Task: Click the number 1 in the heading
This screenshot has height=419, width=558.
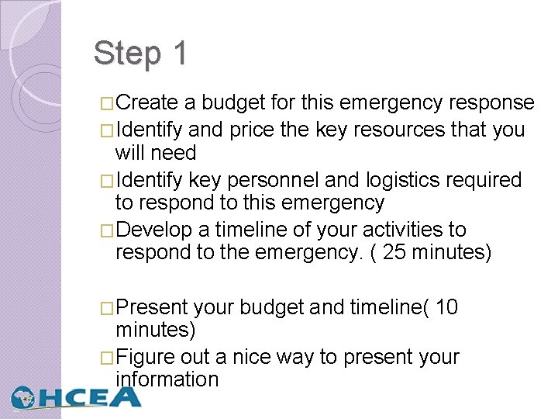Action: pos(180,54)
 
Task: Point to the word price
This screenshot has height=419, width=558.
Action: pos(251,130)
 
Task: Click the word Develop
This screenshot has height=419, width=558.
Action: pos(157,230)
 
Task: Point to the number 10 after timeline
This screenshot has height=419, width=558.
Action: pos(447,308)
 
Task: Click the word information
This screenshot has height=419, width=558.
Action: pos(167,379)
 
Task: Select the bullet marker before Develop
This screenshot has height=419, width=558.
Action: pos(108,231)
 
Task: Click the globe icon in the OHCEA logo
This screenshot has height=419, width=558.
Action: pos(24,396)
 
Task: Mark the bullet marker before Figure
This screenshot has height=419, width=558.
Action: pos(108,358)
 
